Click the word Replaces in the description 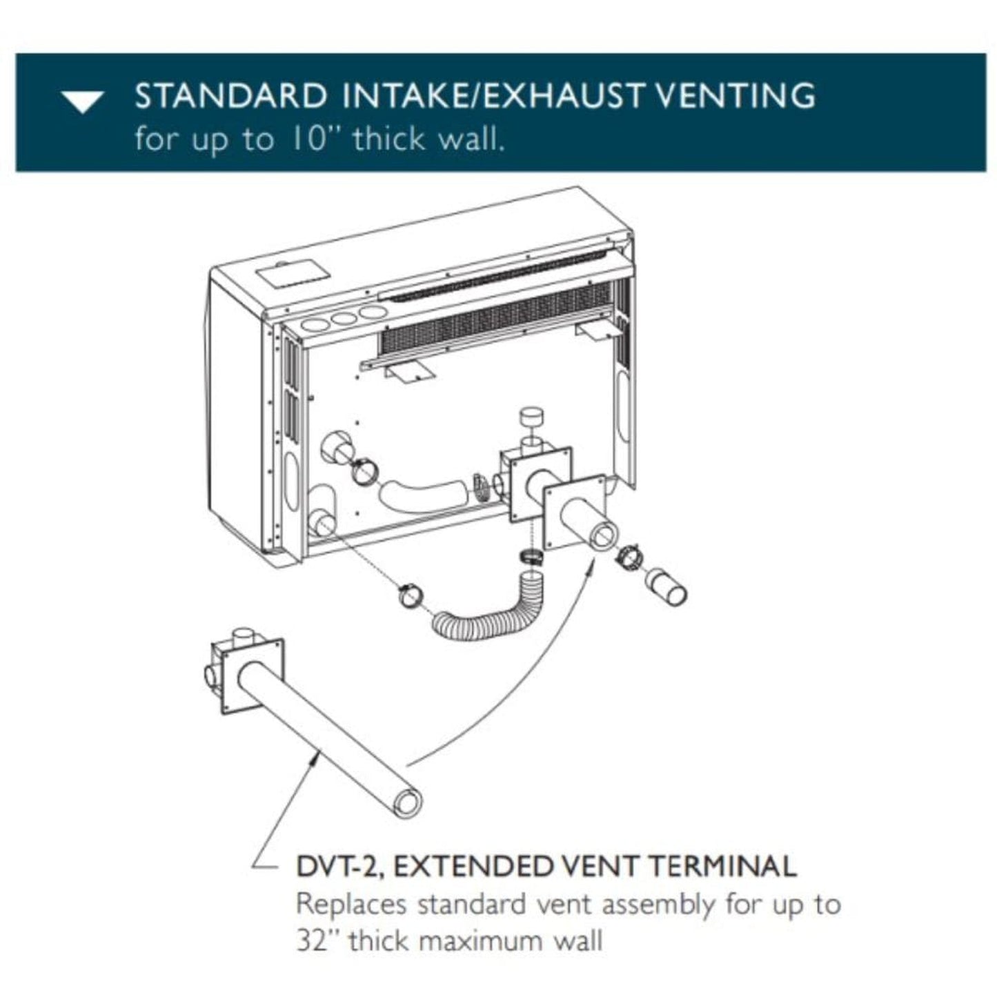tap(352, 904)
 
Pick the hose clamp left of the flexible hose tap(413, 595)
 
